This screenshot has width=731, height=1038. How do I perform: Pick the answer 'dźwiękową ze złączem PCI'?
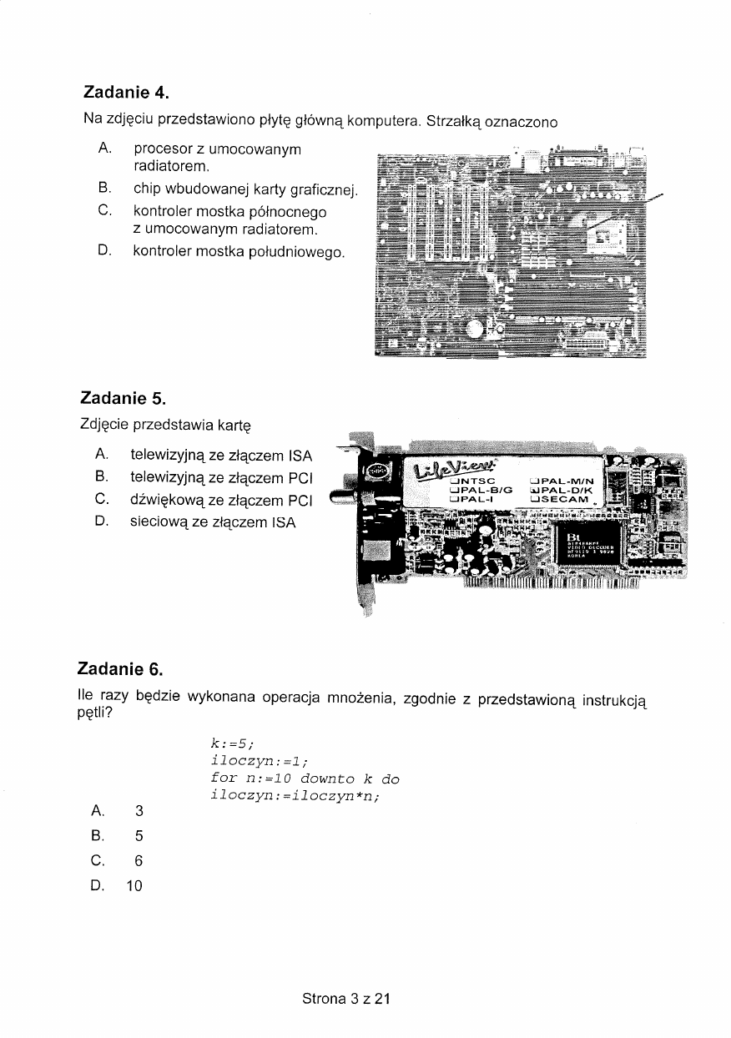coord(221,501)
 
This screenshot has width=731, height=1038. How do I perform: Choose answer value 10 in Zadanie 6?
coord(134,886)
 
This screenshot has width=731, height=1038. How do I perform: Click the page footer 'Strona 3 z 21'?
coord(346,998)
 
